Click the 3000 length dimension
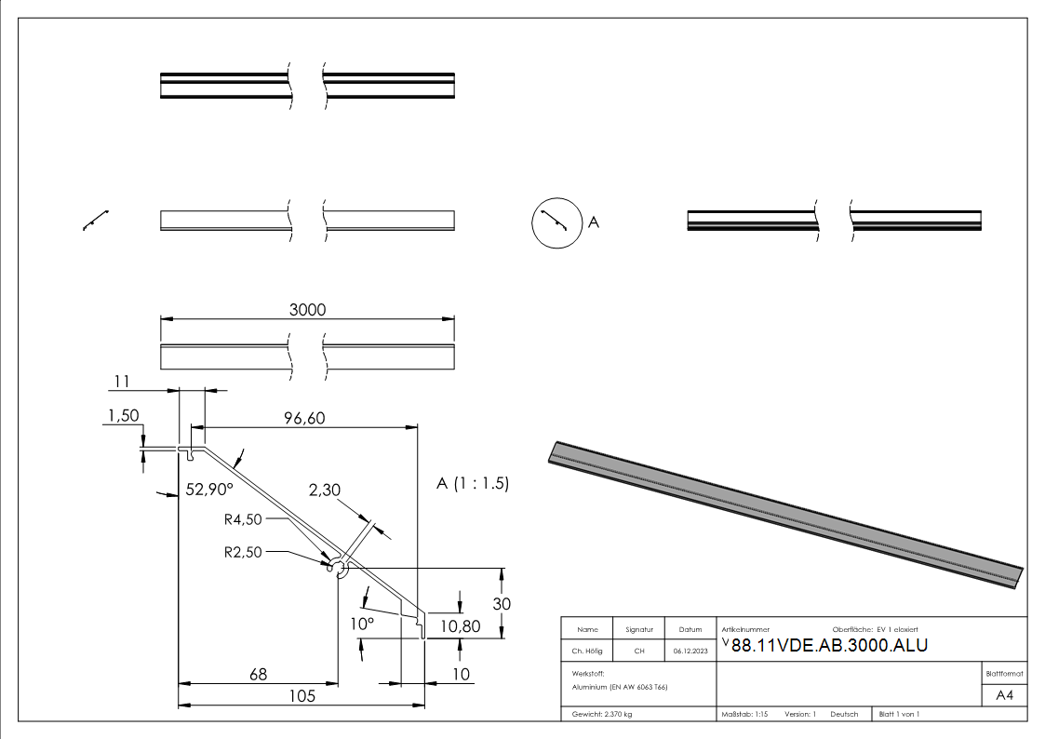tap(307, 310)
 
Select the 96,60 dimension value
tap(304, 419)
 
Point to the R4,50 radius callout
tap(244, 519)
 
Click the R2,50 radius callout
tap(244, 551)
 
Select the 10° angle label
tap(363, 623)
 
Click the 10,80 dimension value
tap(460, 626)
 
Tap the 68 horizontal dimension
tap(256, 675)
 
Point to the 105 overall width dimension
tap(301, 695)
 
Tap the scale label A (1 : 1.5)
tap(472, 484)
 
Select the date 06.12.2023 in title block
tap(690, 652)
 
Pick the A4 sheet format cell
tap(1005, 695)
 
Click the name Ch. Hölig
tap(587, 652)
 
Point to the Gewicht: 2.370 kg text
tap(602, 714)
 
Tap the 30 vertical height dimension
tap(502, 603)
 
